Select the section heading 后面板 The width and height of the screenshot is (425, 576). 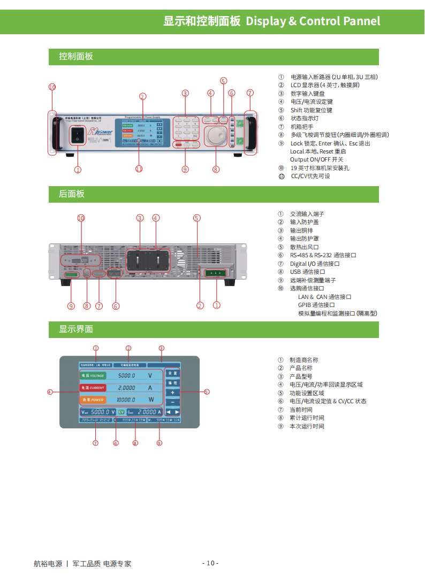pos(72,194)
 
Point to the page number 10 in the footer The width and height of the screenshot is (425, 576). pos(210,563)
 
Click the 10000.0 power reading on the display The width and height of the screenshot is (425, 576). pos(126,400)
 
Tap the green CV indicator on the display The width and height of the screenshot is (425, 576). pos(121,412)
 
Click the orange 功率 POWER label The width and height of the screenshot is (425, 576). pos(93,400)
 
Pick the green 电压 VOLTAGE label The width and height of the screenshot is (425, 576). pos(93,375)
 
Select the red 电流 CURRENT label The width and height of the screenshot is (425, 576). pos(93,388)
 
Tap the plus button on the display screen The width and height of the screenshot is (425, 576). pos(172,393)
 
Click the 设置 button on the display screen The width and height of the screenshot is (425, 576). pos(172,373)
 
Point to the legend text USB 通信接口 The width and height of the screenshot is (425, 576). pos(308,272)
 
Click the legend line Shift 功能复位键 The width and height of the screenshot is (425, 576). pos(311,110)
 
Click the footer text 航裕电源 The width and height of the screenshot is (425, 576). pos(48,563)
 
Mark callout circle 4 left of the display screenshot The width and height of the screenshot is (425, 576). pos(50,392)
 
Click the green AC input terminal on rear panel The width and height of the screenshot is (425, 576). pos(216,273)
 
